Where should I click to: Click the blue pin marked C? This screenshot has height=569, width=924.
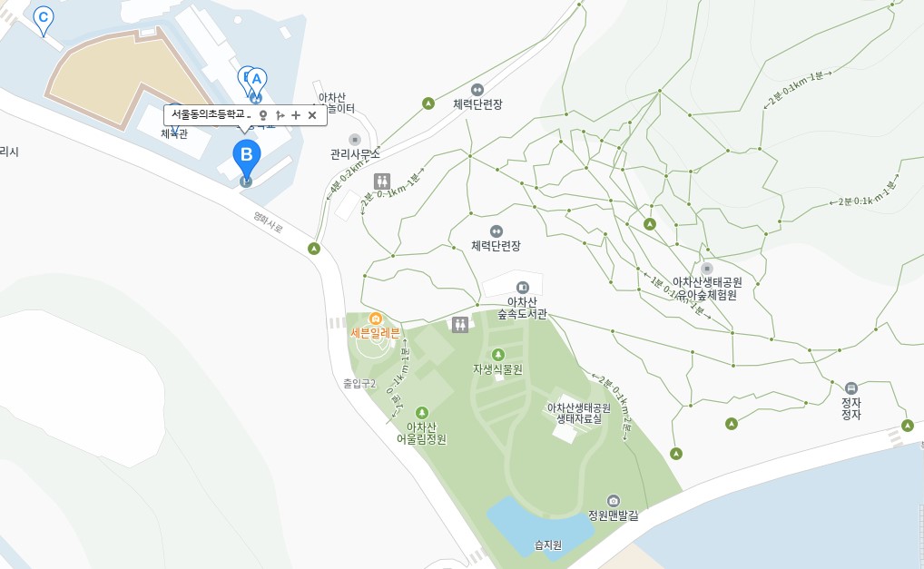point(43,18)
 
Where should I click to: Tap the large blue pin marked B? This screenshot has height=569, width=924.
point(246,155)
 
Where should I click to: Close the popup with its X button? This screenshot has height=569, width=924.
point(312,115)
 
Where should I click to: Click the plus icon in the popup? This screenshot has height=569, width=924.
point(296,115)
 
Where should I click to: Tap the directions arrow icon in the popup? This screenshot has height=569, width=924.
point(280,115)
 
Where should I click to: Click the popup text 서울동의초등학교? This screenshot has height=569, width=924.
point(211,115)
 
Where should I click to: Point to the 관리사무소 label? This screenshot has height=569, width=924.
point(355,154)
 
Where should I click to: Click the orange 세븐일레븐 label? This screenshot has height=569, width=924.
point(375,333)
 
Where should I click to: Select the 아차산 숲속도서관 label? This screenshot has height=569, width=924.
point(522,309)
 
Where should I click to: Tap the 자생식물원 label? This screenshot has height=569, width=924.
point(497,369)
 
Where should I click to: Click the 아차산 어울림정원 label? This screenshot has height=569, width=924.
point(421,433)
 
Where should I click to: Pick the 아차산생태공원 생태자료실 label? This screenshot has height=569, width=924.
point(578,414)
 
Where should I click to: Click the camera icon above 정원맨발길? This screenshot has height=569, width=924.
point(614,501)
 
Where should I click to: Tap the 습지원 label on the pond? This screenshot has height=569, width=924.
point(547,545)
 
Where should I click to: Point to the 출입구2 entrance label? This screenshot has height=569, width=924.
point(359,383)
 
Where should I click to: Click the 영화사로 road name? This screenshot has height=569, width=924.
point(269,222)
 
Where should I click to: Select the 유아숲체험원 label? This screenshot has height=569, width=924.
point(707,295)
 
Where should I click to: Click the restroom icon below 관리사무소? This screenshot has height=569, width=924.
point(382,180)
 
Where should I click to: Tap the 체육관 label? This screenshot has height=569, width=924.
point(173,134)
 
